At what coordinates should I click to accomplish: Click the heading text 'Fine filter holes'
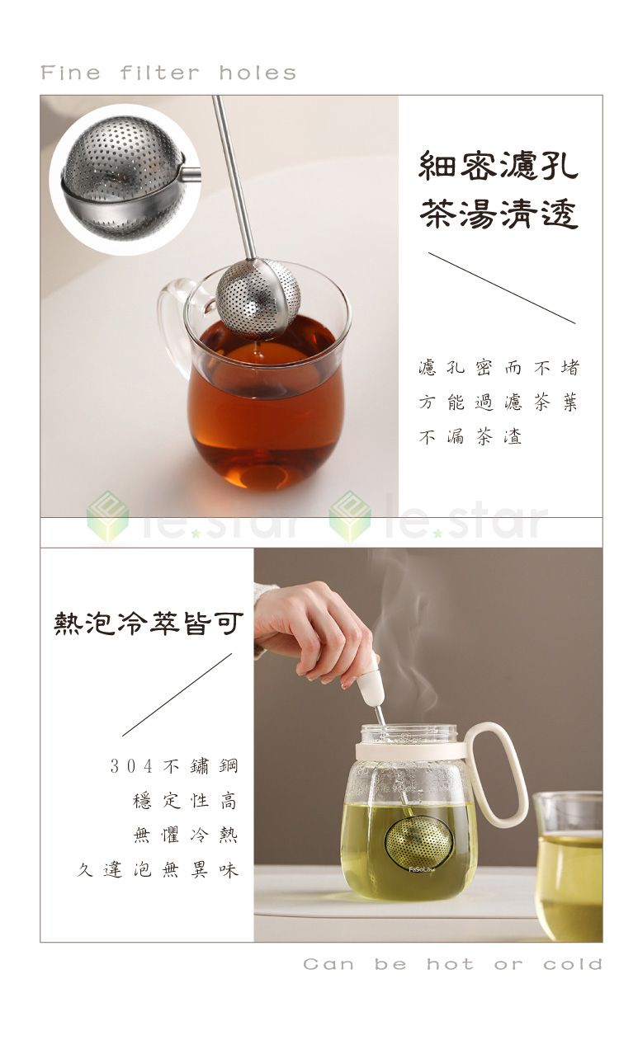[168, 73]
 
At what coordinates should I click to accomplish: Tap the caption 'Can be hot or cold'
[452, 964]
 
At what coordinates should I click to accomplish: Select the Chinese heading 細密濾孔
[499, 165]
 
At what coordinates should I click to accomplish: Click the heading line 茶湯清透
[499, 213]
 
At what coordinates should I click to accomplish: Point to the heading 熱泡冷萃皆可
[149, 624]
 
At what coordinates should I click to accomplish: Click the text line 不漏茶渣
[470, 437]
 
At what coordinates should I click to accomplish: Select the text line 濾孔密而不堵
[499, 368]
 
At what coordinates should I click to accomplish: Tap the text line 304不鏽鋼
[174, 766]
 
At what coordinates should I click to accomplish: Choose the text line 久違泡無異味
[158, 869]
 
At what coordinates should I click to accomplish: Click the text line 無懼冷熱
[186, 835]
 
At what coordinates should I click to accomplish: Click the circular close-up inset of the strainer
[124, 177]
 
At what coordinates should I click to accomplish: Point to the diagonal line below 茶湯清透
[502, 288]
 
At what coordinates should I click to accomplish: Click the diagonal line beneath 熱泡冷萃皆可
[177, 694]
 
